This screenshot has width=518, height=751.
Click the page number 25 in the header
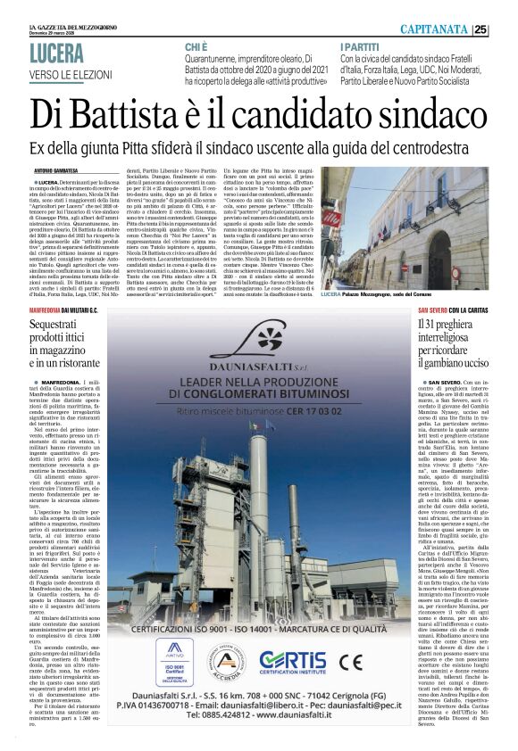(505, 29)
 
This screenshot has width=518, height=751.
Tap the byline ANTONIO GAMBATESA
(58, 170)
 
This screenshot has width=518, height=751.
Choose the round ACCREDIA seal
(226, 663)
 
